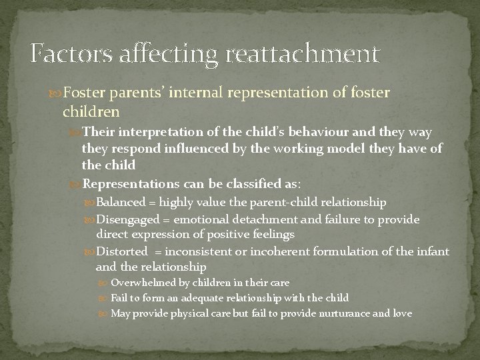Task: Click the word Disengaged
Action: click(128, 219)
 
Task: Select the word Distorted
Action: click(122, 251)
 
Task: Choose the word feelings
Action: click(272, 235)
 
